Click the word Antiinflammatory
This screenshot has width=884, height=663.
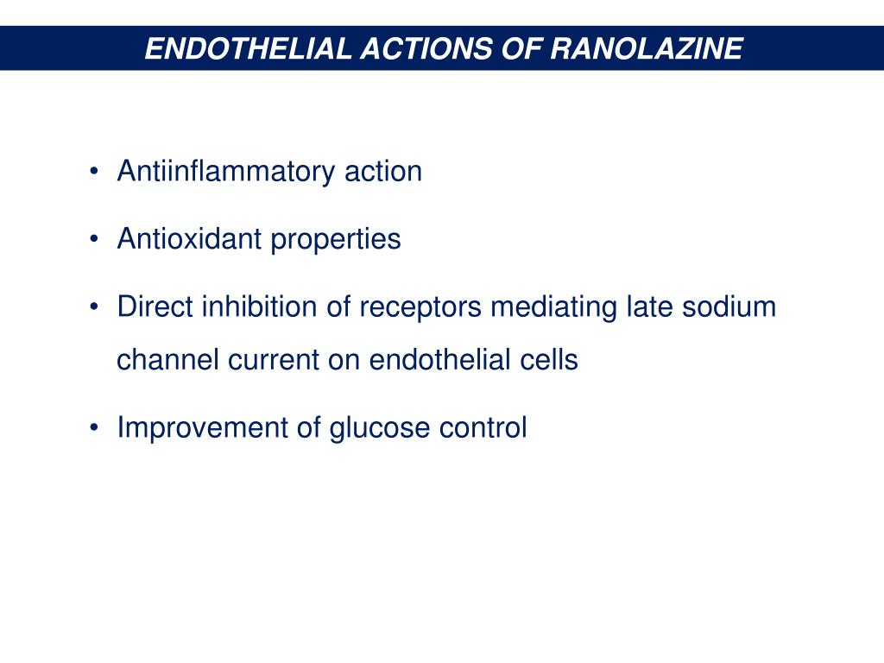pyautogui.click(x=226, y=171)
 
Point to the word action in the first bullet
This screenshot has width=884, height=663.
pyautogui.click(x=383, y=171)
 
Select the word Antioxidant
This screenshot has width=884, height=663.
pyautogui.click(x=189, y=238)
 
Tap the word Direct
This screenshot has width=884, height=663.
pyautogui.click(x=155, y=306)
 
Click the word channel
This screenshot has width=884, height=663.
pyautogui.click(x=167, y=359)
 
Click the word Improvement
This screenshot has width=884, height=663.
pyautogui.click(x=206, y=427)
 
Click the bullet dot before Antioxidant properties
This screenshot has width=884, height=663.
pyautogui.click(x=93, y=239)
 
